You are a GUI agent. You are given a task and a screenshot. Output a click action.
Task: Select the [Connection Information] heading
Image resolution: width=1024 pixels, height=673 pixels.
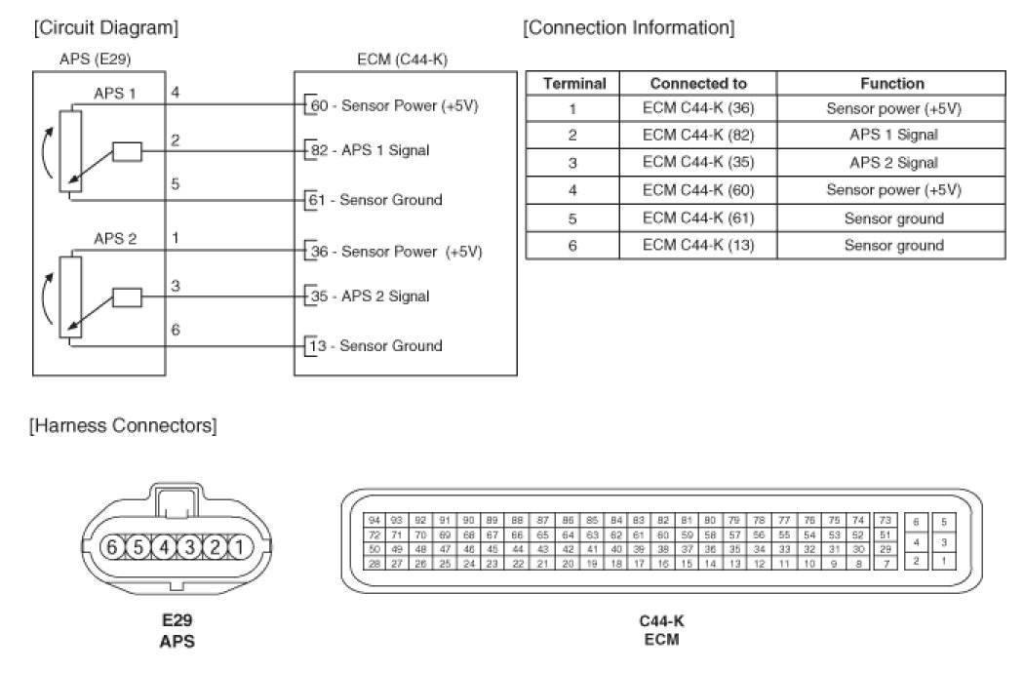point(628,27)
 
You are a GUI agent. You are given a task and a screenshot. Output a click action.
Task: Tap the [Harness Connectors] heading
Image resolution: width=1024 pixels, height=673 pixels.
point(123,425)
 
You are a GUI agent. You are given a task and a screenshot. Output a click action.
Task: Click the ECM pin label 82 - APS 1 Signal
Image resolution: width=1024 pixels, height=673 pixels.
point(369,150)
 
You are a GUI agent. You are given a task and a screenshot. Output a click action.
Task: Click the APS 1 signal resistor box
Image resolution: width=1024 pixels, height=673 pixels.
point(127,151)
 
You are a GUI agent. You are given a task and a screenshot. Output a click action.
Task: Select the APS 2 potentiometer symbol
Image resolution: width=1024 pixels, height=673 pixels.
point(67,297)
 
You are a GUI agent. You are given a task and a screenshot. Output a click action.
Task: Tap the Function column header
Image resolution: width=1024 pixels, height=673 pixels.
point(892,84)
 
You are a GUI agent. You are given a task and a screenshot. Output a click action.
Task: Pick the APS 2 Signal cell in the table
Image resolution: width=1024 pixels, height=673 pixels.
point(892,163)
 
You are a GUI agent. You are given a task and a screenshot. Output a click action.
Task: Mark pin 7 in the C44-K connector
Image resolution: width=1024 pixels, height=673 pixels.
point(884,563)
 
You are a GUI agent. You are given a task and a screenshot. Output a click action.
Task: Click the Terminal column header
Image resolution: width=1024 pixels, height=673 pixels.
point(573,84)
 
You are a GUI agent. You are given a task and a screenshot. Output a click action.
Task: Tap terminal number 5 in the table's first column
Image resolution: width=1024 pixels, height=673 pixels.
point(573,218)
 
